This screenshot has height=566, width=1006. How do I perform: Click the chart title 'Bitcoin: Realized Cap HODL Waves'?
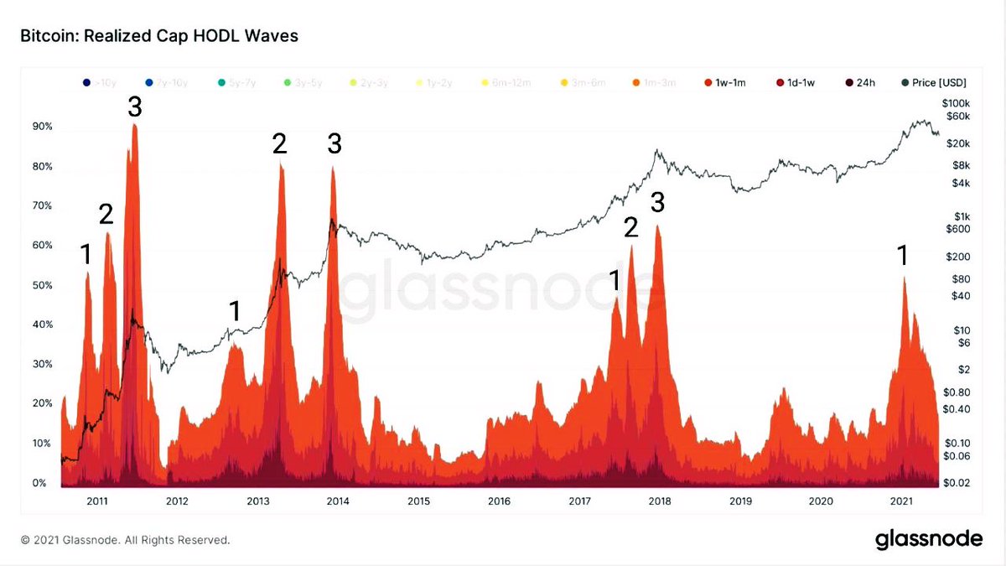coord(158,36)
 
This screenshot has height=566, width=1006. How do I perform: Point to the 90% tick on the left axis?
coord(43,127)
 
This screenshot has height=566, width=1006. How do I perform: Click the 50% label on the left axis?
coord(43,286)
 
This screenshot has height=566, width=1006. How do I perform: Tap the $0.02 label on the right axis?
coord(957,484)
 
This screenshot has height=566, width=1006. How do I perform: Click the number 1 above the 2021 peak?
coord(903,256)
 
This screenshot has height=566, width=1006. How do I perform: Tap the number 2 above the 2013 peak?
coord(279,144)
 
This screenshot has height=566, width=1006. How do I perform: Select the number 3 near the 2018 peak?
coord(658,202)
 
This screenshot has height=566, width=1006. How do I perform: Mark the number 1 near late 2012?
coord(235,311)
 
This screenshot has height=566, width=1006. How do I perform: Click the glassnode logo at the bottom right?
coord(929,539)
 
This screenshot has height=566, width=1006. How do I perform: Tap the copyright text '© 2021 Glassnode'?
coord(125,541)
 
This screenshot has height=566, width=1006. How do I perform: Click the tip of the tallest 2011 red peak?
coord(134,125)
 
